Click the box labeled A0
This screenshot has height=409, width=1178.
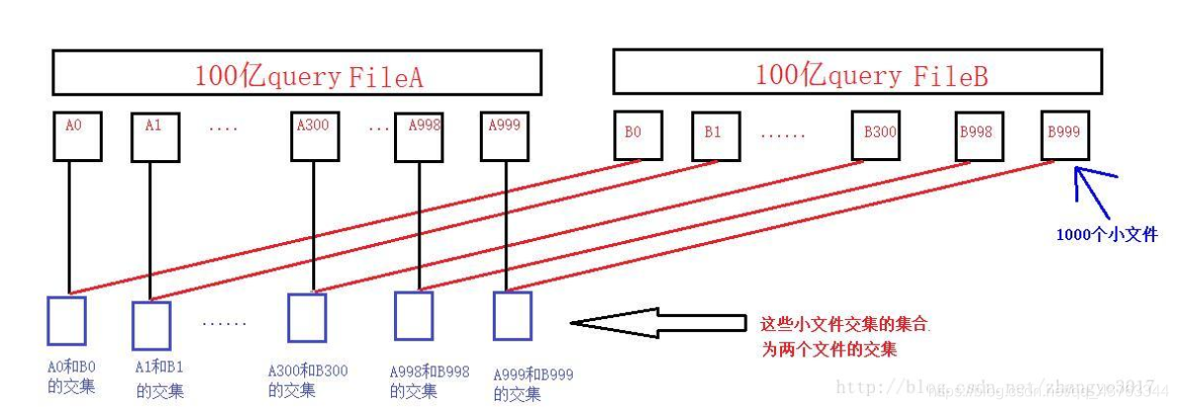coord(76,137)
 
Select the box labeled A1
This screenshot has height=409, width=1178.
coord(155,137)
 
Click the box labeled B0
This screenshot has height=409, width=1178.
coord(637,135)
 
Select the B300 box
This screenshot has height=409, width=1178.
coord(877,135)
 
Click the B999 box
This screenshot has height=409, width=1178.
coord(1066,135)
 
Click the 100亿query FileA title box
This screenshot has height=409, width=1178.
coord(296,73)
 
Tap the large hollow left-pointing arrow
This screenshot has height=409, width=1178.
coord(657,323)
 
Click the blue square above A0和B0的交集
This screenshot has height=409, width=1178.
coord(66,320)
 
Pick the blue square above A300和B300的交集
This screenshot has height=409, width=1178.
coord(306,317)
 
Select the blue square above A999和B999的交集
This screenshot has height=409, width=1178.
coord(512,316)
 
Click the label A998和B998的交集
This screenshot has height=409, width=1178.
coord(430,381)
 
